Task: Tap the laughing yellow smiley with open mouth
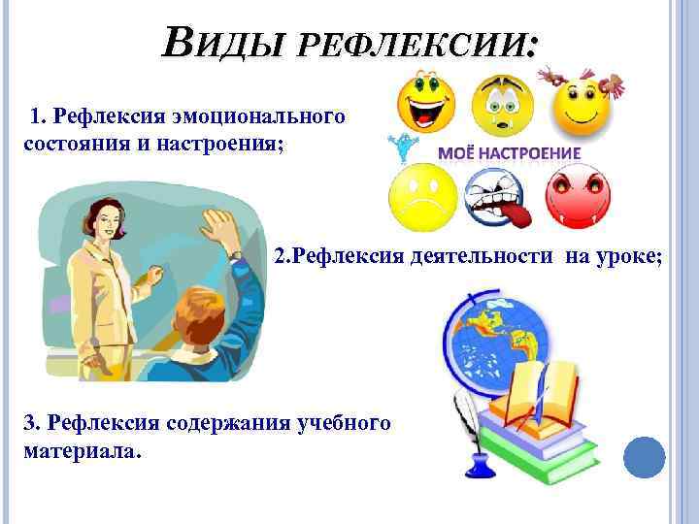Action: pos(424,106)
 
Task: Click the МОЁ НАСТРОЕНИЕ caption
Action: pos(510,154)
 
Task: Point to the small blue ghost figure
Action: pos(397,148)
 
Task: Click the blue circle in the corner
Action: pos(644,459)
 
